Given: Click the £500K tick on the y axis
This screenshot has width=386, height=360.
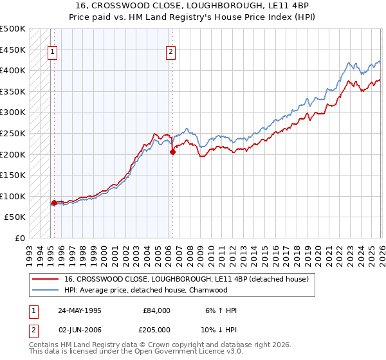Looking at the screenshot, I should (14, 29).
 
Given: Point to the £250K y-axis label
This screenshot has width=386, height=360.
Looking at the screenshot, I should (14, 133).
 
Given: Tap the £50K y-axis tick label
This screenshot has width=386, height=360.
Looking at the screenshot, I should (15, 217).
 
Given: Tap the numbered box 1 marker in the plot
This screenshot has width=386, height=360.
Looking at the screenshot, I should (53, 53).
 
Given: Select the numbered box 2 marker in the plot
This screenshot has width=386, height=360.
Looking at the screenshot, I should (171, 53).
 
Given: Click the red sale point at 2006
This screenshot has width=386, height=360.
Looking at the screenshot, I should (172, 152).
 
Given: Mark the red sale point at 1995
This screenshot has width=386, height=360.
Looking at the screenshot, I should (54, 203).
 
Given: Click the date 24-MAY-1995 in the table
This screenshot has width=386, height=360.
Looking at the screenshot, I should (78, 310).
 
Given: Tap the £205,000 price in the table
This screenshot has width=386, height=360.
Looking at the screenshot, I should (156, 330).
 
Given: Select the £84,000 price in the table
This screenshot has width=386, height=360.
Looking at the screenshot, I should (156, 310).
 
